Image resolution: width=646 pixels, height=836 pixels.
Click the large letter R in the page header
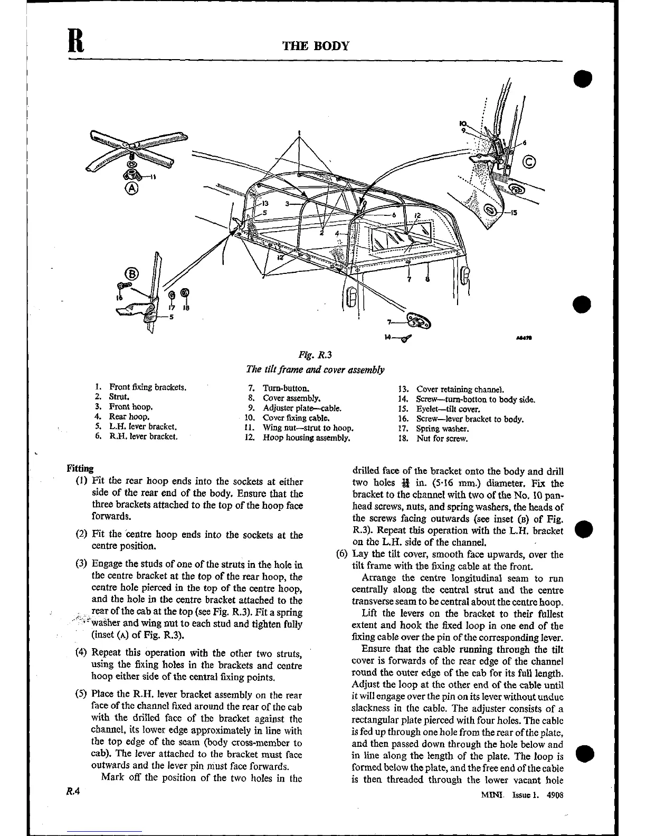tap(77, 40)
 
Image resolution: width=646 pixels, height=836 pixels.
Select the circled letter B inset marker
tap(130, 273)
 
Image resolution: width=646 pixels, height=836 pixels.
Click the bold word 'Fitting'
tap(80, 468)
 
